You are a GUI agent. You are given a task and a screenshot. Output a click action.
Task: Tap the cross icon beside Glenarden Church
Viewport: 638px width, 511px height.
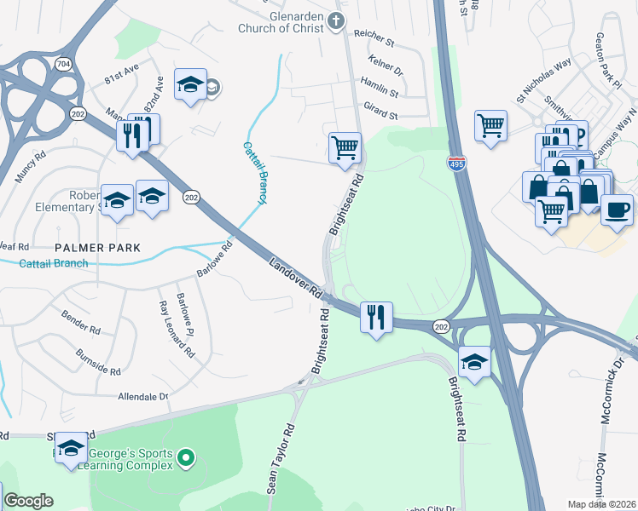337,20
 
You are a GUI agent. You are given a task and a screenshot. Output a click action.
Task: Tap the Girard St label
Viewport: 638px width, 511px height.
380,111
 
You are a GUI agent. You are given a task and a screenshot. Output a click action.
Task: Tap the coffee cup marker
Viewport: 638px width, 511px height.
617,208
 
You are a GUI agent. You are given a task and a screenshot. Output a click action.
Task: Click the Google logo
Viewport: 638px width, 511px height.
28,501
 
